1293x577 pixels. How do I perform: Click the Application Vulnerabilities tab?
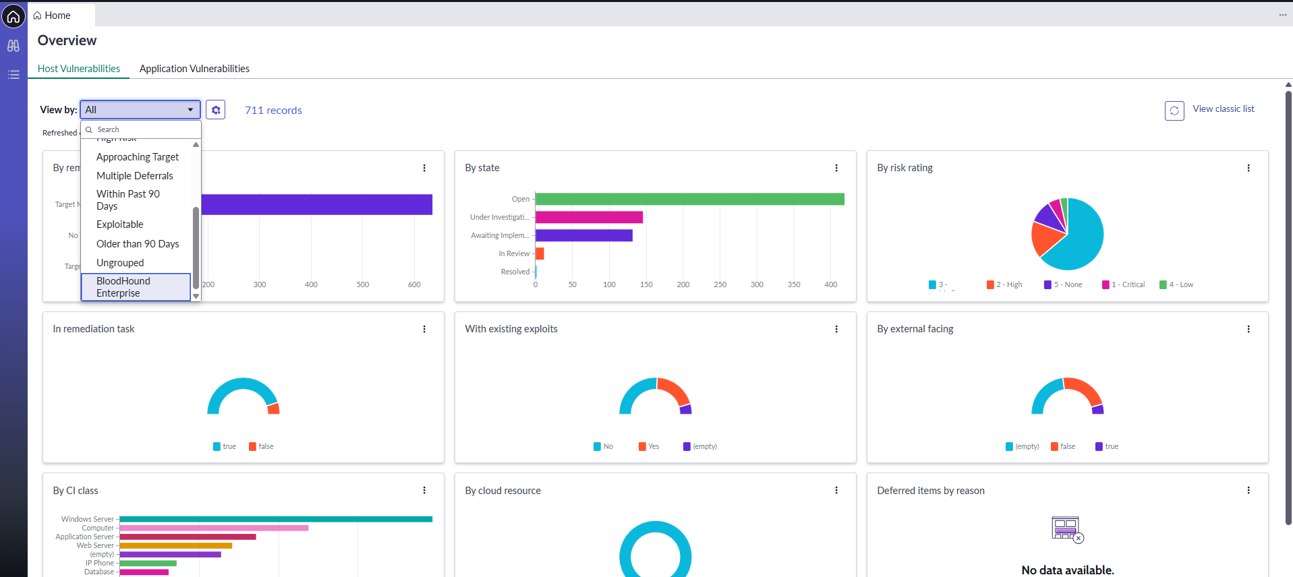point(194,69)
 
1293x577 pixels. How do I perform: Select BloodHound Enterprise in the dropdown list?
point(136,287)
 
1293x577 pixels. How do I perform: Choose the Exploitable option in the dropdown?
point(120,224)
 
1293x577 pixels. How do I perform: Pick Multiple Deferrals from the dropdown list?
point(135,176)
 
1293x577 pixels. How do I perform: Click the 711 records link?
point(273,111)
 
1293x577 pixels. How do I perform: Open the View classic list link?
point(1223,109)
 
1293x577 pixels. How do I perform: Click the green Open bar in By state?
point(689,199)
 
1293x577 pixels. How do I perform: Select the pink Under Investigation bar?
point(589,217)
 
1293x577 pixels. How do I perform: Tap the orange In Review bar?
point(540,253)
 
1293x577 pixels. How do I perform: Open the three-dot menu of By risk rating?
point(1248,168)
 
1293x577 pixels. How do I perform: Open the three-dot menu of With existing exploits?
point(836,329)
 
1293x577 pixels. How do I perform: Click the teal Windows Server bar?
point(275,519)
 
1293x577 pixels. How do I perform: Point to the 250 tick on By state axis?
point(720,284)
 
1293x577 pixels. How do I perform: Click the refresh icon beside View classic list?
point(1174,111)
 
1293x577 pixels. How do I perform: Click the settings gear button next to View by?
point(215,110)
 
